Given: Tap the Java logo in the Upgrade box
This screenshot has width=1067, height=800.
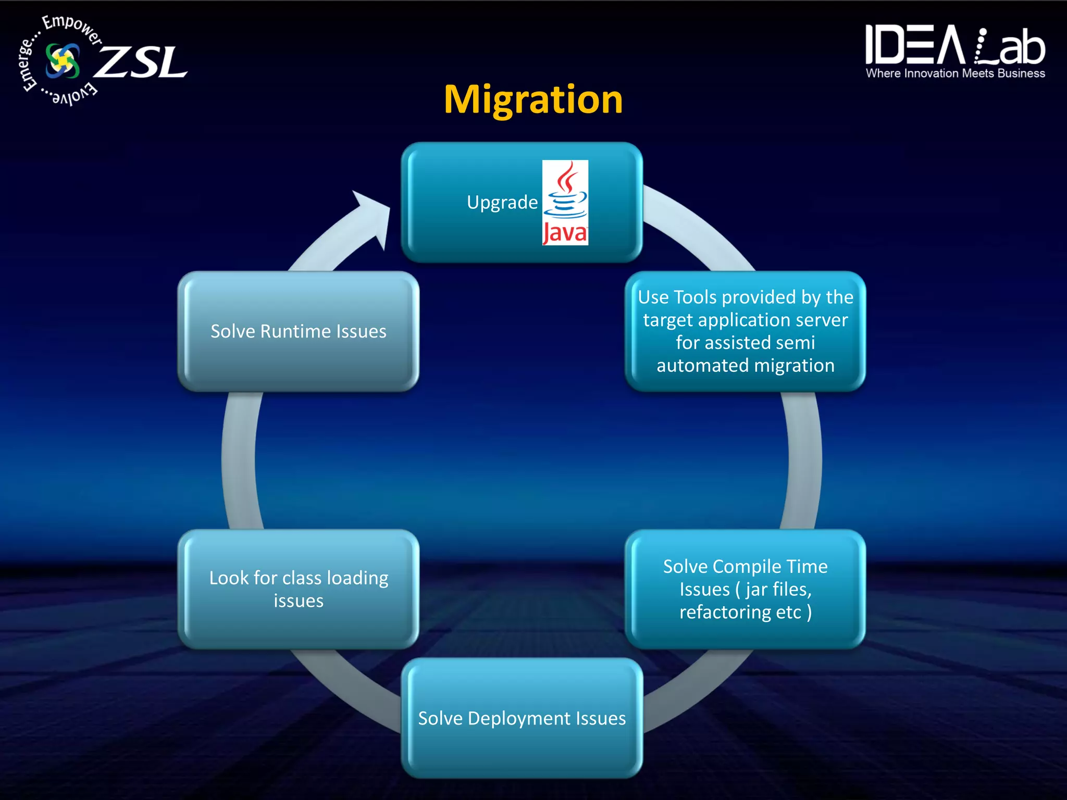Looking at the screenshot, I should (x=565, y=202).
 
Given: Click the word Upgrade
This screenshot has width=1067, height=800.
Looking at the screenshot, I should (x=502, y=202).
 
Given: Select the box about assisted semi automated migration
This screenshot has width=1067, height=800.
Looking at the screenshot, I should (x=745, y=331).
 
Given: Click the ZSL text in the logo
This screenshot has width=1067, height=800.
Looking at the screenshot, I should (x=141, y=63).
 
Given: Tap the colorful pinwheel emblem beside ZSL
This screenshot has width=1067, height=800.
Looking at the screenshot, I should (x=63, y=61).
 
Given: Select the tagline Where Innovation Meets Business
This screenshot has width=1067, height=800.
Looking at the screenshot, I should (x=955, y=73).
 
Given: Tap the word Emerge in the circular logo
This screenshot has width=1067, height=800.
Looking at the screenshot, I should (x=27, y=65).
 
